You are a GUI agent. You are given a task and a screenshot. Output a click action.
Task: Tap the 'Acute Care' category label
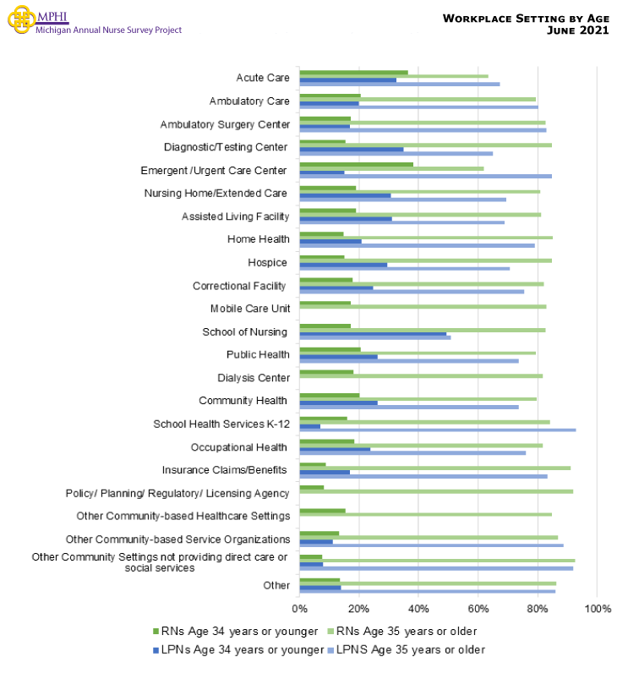pos(263,78)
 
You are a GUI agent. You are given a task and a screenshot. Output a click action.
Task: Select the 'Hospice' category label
pos(267,262)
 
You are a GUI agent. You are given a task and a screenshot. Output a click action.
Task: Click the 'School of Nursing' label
pos(245,331)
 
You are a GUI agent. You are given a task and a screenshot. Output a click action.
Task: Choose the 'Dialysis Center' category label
pos(253,378)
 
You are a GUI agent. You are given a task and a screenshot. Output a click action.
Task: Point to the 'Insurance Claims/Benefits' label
pos(224,470)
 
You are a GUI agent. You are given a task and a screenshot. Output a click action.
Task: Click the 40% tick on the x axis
pos(418,608)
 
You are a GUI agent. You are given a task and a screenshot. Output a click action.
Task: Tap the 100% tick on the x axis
pos(597,608)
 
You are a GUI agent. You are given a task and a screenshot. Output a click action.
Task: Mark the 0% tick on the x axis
pos(300,608)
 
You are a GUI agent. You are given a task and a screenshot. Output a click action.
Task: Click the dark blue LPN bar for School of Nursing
pos(373,333)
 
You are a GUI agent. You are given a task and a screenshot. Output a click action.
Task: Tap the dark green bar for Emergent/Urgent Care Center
pos(356,165)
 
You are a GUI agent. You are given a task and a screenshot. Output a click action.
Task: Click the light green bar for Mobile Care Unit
pos(423,306)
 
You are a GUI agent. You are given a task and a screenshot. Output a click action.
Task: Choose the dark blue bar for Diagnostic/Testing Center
pos(352,149)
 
